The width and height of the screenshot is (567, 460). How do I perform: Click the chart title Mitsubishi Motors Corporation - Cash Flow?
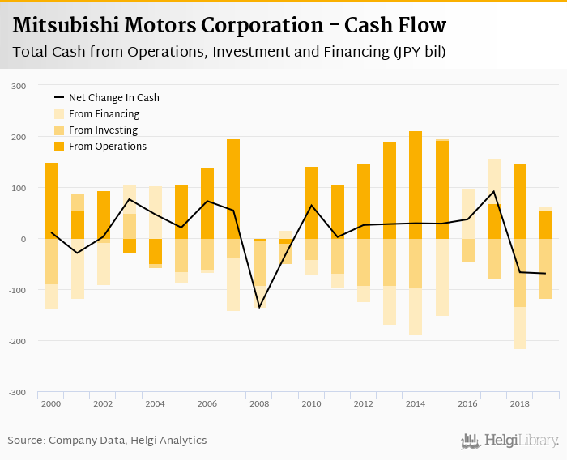[x=229, y=25]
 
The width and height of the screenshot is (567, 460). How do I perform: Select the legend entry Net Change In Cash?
[x=113, y=98]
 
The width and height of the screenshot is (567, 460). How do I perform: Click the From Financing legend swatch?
[x=59, y=114]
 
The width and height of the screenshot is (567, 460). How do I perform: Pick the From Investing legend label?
[x=103, y=130]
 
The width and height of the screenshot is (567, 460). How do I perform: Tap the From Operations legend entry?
[x=107, y=147]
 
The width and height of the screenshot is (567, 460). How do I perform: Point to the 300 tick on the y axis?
[x=19, y=86]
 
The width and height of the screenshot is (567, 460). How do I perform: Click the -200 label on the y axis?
[x=17, y=341]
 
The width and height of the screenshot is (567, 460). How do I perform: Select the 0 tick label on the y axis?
[x=23, y=239]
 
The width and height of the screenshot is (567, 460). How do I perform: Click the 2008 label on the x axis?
[x=259, y=402]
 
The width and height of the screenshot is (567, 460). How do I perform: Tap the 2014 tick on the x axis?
[x=416, y=402]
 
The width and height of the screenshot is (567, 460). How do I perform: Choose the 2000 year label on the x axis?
[x=51, y=402]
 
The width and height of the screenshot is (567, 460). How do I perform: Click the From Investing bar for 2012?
[x=364, y=262]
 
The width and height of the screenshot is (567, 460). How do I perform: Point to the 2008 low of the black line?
[x=259, y=308]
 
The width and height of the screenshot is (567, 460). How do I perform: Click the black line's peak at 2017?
[x=494, y=192]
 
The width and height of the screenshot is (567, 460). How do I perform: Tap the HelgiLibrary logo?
[x=510, y=441]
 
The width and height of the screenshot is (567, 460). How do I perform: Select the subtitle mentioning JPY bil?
[x=229, y=53]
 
